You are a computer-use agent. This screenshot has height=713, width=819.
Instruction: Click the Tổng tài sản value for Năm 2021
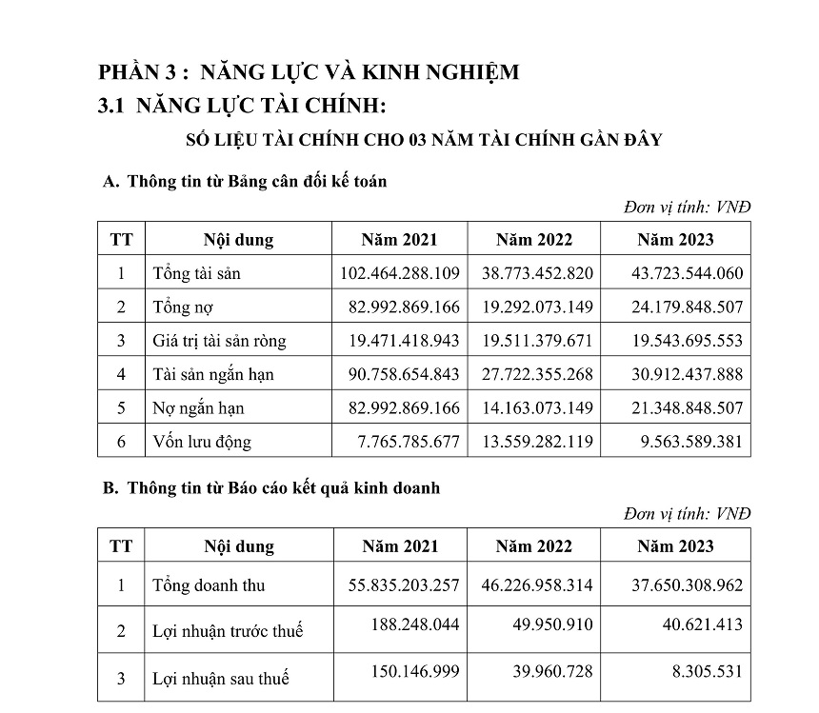[x=400, y=274]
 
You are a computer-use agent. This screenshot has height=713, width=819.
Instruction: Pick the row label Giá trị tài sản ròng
[x=219, y=341]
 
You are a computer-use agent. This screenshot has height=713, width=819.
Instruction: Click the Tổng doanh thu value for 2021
[x=400, y=585]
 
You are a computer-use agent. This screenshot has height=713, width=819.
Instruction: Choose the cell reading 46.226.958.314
[x=534, y=585]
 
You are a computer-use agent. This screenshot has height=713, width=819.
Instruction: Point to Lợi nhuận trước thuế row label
[x=229, y=631]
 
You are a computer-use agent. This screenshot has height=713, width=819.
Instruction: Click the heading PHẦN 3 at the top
[x=310, y=72]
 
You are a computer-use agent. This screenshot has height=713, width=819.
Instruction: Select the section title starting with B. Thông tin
[x=270, y=488]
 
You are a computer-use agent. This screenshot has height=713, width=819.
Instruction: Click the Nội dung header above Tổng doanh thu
[x=238, y=546]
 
